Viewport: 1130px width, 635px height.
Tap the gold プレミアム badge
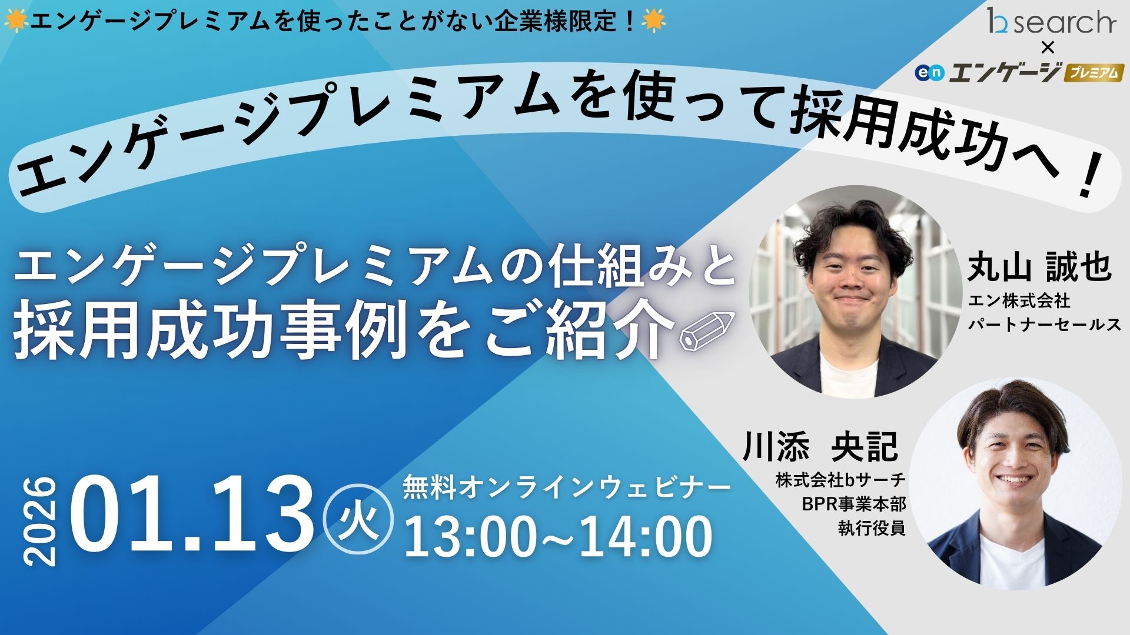(1093, 72)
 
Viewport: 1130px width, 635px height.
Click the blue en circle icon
(929, 72)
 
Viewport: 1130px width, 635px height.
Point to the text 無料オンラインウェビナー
(567, 489)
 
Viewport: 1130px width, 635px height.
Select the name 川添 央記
(820, 447)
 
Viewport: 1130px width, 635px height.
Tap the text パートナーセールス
(1044, 324)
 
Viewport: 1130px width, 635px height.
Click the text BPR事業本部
(853, 504)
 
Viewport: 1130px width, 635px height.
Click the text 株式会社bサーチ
(840, 480)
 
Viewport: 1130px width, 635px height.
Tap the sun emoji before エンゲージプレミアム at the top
(16, 22)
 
